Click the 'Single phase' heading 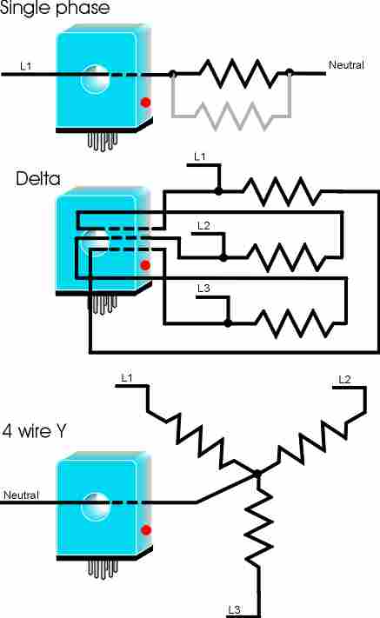[x=55, y=8]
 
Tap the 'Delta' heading [x=38, y=179]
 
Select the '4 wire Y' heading [x=35, y=430]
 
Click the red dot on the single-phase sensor [x=146, y=103]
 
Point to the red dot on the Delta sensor [x=145, y=265]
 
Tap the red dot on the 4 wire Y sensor [x=146, y=529]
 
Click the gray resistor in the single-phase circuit [x=231, y=116]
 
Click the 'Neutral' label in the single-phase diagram [x=346, y=64]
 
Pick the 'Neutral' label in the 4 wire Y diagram [x=21, y=495]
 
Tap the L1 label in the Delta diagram [x=200, y=156]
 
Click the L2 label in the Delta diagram [x=203, y=225]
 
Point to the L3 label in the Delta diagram [x=203, y=289]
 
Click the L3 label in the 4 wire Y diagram [x=234, y=609]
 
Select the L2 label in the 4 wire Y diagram [x=344, y=379]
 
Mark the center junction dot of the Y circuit [x=257, y=474]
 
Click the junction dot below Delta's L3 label [x=228, y=323]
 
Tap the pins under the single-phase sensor [x=103, y=142]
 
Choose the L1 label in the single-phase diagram [x=25, y=66]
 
